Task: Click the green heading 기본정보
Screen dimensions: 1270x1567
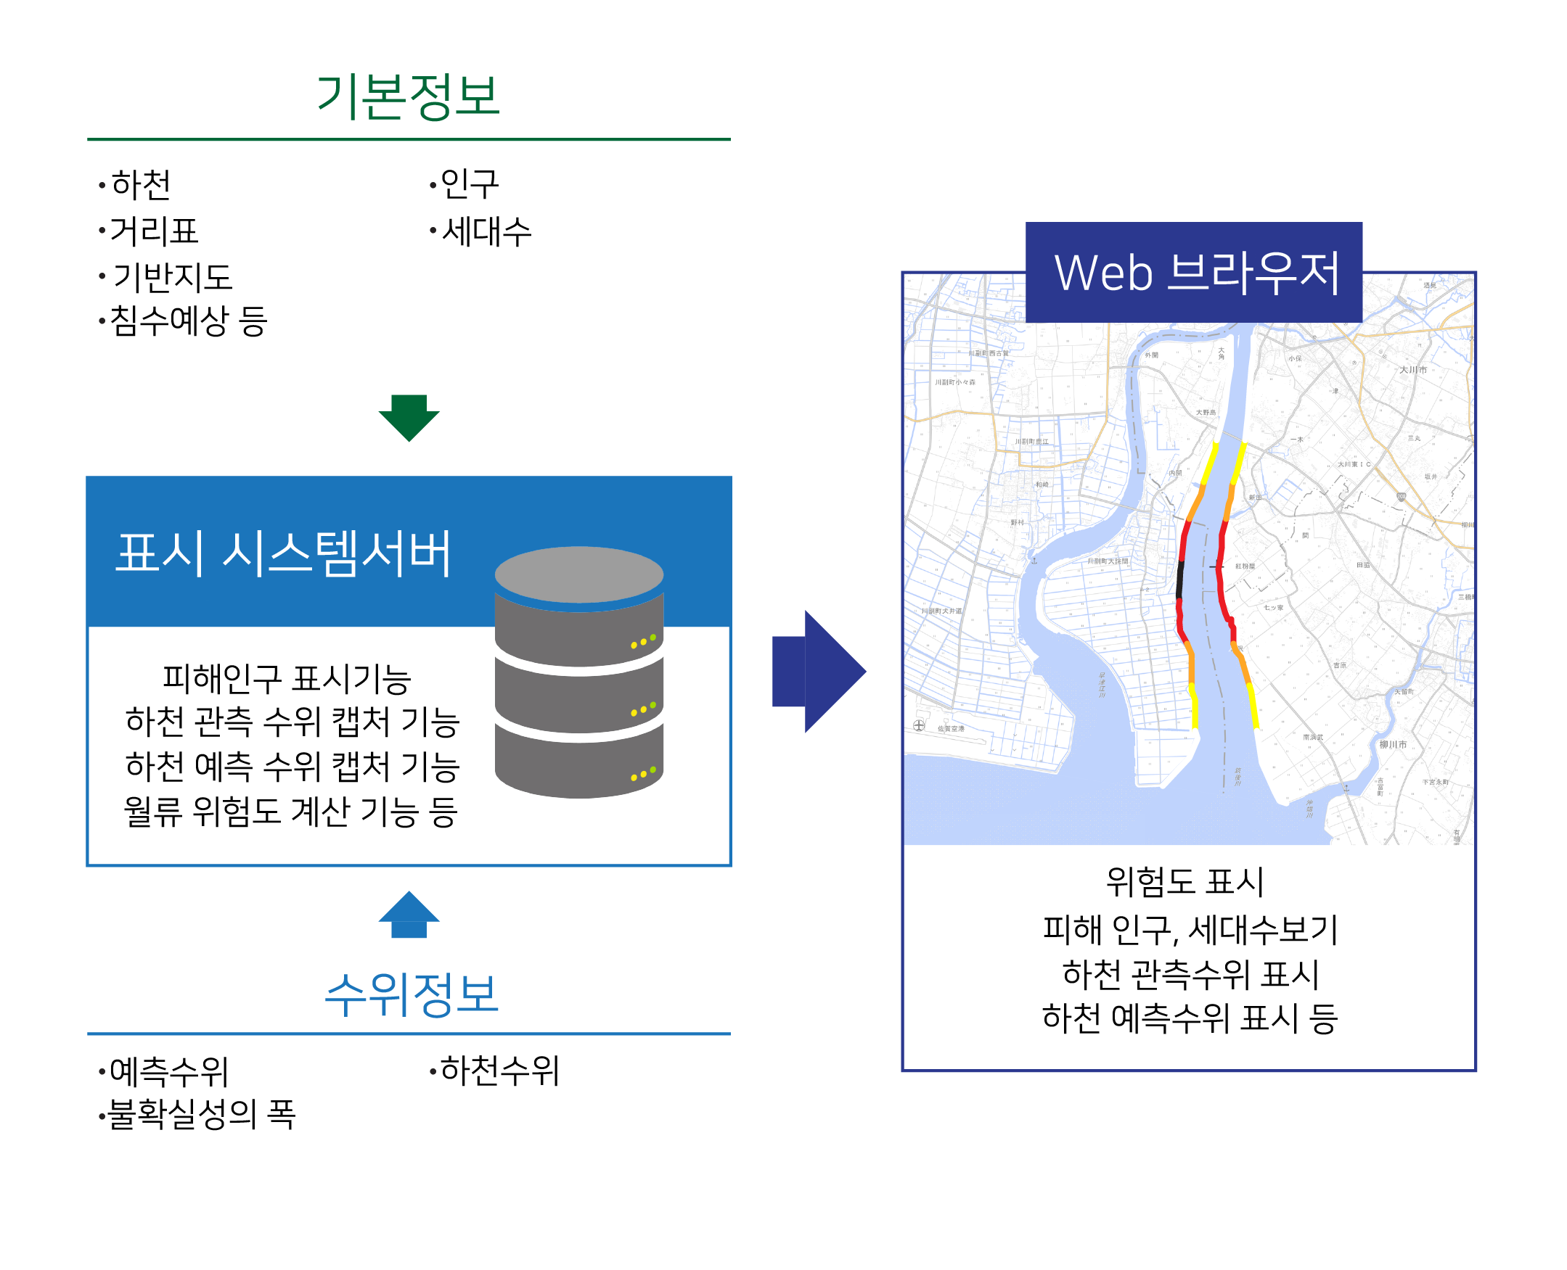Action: point(408,96)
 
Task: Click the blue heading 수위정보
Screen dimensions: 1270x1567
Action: point(412,994)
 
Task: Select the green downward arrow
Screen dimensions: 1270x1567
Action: point(409,417)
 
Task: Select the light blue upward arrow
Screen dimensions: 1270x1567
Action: point(409,915)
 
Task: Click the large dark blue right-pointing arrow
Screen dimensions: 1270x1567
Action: point(818,671)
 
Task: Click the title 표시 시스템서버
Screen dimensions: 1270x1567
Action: point(283,553)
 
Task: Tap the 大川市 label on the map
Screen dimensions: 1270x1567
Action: point(1412,369)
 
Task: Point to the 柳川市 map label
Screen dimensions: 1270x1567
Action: point(1392,744)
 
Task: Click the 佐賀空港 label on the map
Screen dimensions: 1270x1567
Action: point(951,729)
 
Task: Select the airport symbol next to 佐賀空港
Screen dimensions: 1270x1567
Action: point(919,725)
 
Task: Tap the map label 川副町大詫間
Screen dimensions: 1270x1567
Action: point(1108,561)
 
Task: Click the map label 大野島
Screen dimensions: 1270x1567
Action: point(1206,412)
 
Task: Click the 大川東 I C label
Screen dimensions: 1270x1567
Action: point(1354,463)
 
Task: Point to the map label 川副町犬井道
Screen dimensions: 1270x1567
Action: point(941,610)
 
